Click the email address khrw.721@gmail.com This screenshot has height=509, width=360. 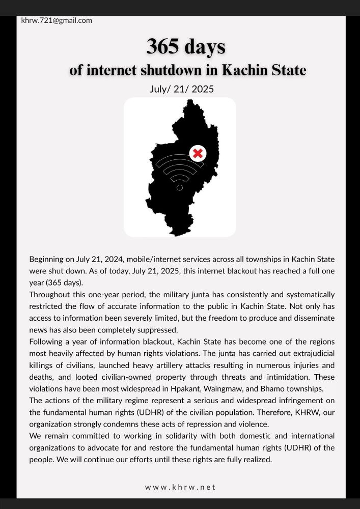coord(57,20)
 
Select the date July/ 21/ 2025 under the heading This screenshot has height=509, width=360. coord(181,89)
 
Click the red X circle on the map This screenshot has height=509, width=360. coord(198,153)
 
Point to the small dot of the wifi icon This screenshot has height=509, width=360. coord(180,188)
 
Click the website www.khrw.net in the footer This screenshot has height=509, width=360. coord(180,487)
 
